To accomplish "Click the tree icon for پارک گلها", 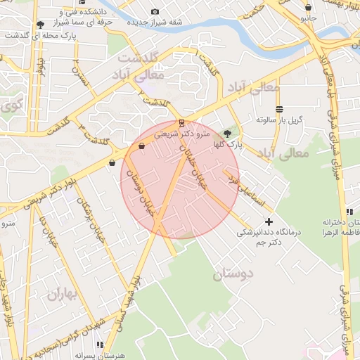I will pos(226,132).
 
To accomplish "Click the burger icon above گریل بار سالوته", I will pos(280,109).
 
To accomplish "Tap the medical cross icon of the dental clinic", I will pos(268,222).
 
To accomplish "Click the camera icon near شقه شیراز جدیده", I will pos(155,11).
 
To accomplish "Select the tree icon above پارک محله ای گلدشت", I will pos(39,25).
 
